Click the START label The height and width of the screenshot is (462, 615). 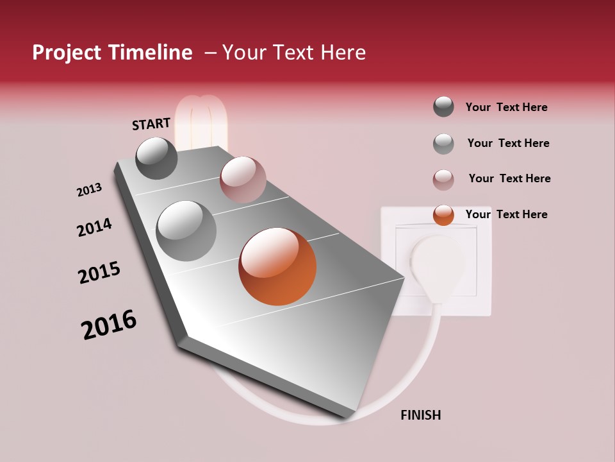(151, 124)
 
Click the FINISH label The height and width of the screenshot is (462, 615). (420, 415)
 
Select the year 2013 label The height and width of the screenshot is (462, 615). (89, 190)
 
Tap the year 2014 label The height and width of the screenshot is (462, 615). (94, 227)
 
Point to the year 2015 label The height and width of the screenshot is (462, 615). (99, 272)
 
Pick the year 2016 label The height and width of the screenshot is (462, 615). (109, 325)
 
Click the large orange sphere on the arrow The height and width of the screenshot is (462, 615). (277, 266)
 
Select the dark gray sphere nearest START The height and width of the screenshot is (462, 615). (157, 158)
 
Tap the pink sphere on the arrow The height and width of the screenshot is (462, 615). (243, 180)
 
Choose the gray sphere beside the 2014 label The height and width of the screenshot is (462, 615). (186, 230)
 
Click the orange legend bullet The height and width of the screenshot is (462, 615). (443, 215)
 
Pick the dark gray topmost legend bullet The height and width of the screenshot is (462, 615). (443, 107)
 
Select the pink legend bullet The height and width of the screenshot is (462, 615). (443, 180)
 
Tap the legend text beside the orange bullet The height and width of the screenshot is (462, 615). (506, 214)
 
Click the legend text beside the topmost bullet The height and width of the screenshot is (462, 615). (506, 107)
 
